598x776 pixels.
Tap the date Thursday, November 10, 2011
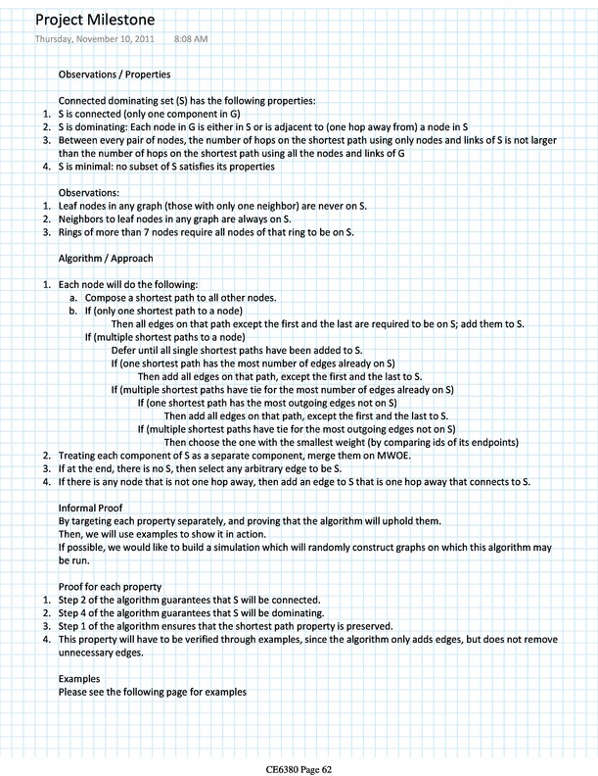coord(93,39)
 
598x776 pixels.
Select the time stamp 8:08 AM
coord(190,39)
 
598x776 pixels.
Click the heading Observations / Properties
coord(116,74)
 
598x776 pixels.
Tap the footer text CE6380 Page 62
coord(299,768)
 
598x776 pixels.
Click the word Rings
coord(73,232)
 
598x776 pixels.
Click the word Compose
coord(109,297)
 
